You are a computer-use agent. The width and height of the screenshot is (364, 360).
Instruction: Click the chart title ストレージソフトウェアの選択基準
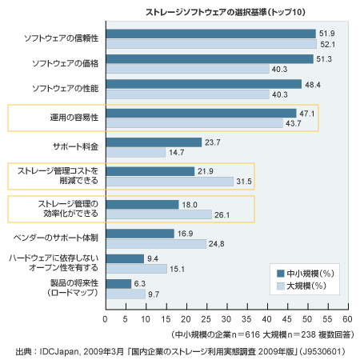pyautogui.click(x=206, y=12)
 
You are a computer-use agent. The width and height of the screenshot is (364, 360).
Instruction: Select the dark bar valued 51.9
pyautogui.click(x=211, y=34)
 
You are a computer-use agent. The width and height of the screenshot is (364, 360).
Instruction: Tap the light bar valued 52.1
pyautogui.click(x=211, y=44)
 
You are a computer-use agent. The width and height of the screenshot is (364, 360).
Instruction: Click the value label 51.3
pyautogui.click(x=324, y=59)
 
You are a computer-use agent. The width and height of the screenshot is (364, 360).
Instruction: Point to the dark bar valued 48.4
pyautogui.click(x=204, y=84)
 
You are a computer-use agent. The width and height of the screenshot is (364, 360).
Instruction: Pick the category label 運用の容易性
pyautogui.click(x=74, y=118)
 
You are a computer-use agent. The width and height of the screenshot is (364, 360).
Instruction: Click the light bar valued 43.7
pyautogui.click(x=194, y=123)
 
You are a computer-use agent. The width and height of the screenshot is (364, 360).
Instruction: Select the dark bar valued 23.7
pyautogui.click(x=154, y=142)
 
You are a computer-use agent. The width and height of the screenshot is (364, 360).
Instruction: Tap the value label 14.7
pyautogui.click(x=176, y=153)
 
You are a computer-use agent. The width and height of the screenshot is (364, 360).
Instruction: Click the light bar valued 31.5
pyautogui.click(x=170, y=182)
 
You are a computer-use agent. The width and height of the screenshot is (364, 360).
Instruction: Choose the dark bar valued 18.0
pyautogui.click(x=142, y=205)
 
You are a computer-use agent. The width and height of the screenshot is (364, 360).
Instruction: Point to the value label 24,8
pyautogui.click(x=216, y=244)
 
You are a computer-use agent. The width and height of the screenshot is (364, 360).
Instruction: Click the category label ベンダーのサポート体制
pyautogui.click(x=56, y=238)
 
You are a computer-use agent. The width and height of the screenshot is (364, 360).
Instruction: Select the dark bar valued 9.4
pyautogui.click(x=125, y=258)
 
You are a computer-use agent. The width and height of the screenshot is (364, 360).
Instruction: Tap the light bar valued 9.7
pyautogui.click(x=126, y=294)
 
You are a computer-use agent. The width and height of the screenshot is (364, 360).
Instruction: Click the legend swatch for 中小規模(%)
pyautogui.click(x=281, y=274)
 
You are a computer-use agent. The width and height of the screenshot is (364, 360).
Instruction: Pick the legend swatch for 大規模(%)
pyautogui.click(x=281, y=286)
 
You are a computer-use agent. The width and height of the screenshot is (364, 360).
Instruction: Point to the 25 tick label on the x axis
pyautogui.click(x=206, y=319)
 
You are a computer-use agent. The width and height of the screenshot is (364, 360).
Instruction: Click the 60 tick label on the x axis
pyautogui.click(x=347, y=319)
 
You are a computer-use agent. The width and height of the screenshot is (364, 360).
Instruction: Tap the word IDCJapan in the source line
pyautogui.click(x=59, y=351)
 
